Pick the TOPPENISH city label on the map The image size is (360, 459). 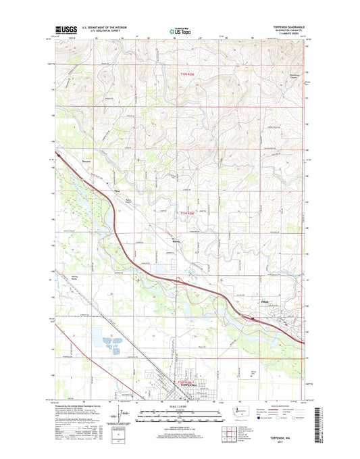[x=192, y=385]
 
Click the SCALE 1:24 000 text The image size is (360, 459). [x=179, y=406]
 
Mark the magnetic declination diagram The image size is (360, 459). [x=122, y=413]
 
